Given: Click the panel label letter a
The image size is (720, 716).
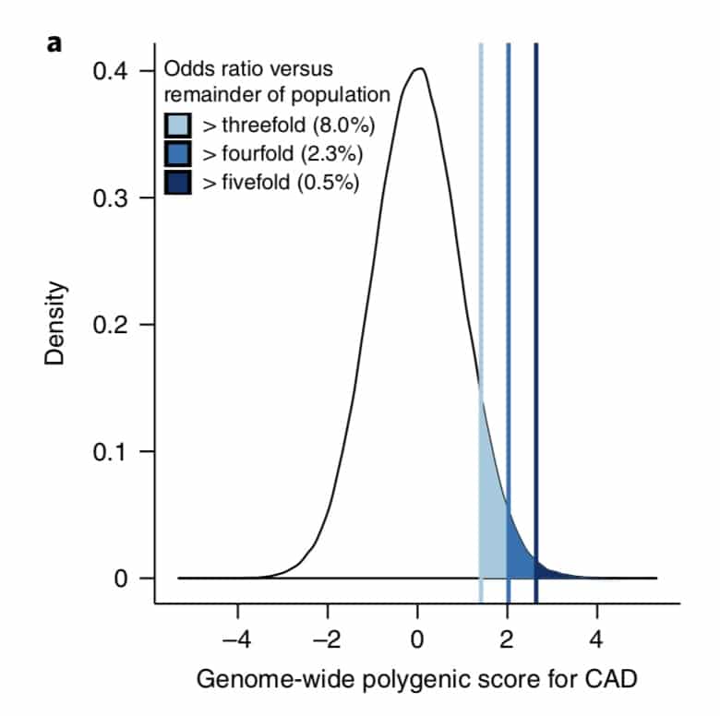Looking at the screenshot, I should coord(54,42).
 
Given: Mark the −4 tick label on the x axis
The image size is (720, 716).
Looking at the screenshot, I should coord(237,637).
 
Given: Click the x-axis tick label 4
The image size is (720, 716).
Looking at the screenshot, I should coord(597,637).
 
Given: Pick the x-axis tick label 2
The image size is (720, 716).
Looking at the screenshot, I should coord(508,637).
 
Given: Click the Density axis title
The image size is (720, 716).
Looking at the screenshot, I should coord(56,323).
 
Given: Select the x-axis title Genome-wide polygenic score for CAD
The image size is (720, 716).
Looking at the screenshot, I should coord(416,680).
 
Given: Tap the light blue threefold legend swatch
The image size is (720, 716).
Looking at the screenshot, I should coord(178,125).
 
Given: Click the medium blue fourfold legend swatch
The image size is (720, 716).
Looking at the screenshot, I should coord(178,153).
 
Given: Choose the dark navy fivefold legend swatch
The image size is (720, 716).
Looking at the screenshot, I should coord(178,182).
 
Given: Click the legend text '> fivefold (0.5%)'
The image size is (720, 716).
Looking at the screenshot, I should coord(277,182).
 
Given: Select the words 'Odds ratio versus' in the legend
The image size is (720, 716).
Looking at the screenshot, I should coord(247,69).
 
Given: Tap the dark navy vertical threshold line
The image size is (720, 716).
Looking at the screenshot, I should coord(535,277).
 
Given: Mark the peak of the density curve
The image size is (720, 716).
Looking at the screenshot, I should coord(420,68).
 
